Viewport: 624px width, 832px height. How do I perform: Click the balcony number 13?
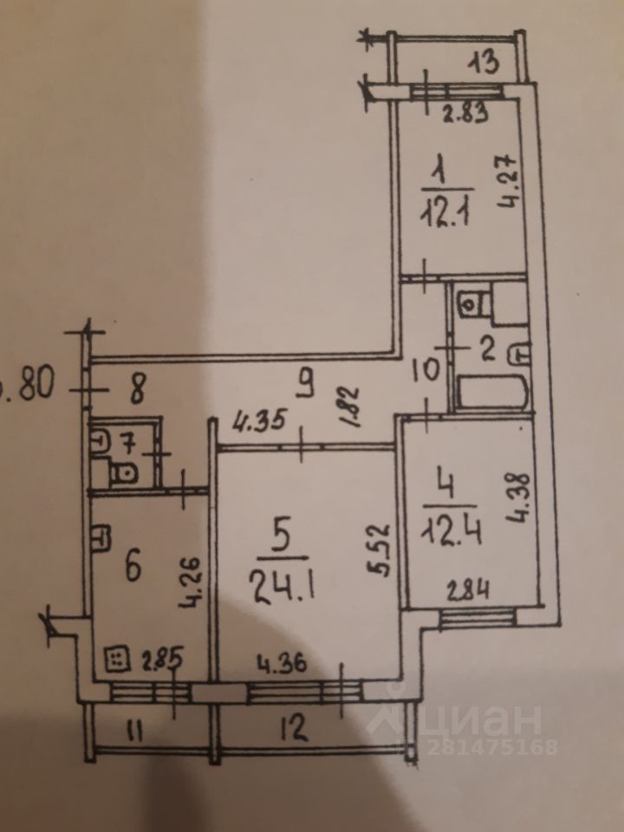click(486, 62)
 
